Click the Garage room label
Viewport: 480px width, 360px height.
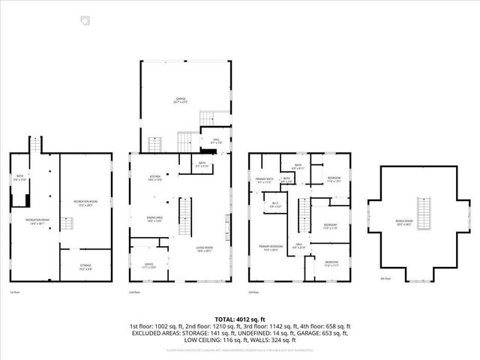pyautogui.click(x=181, y=99)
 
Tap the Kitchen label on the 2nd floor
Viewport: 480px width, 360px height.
pyautogui.click(x=155, y=178)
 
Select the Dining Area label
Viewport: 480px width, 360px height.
pyautogui.click(x=155, y=219)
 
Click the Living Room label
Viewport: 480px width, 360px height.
pyautogui.click(x=204, y=250)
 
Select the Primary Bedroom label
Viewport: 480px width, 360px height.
pyautogui.click(x=271, y=249)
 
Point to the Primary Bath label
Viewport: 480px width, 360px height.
pyautogui.click(x=265, y=180)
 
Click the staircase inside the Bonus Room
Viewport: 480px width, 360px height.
pyautogui.click(x=425, y=214)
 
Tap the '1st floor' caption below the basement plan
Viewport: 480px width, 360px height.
pyautogui.click(x=14, y=292)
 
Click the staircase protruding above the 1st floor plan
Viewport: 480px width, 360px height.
pyautogui.click(x=33, y=144)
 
